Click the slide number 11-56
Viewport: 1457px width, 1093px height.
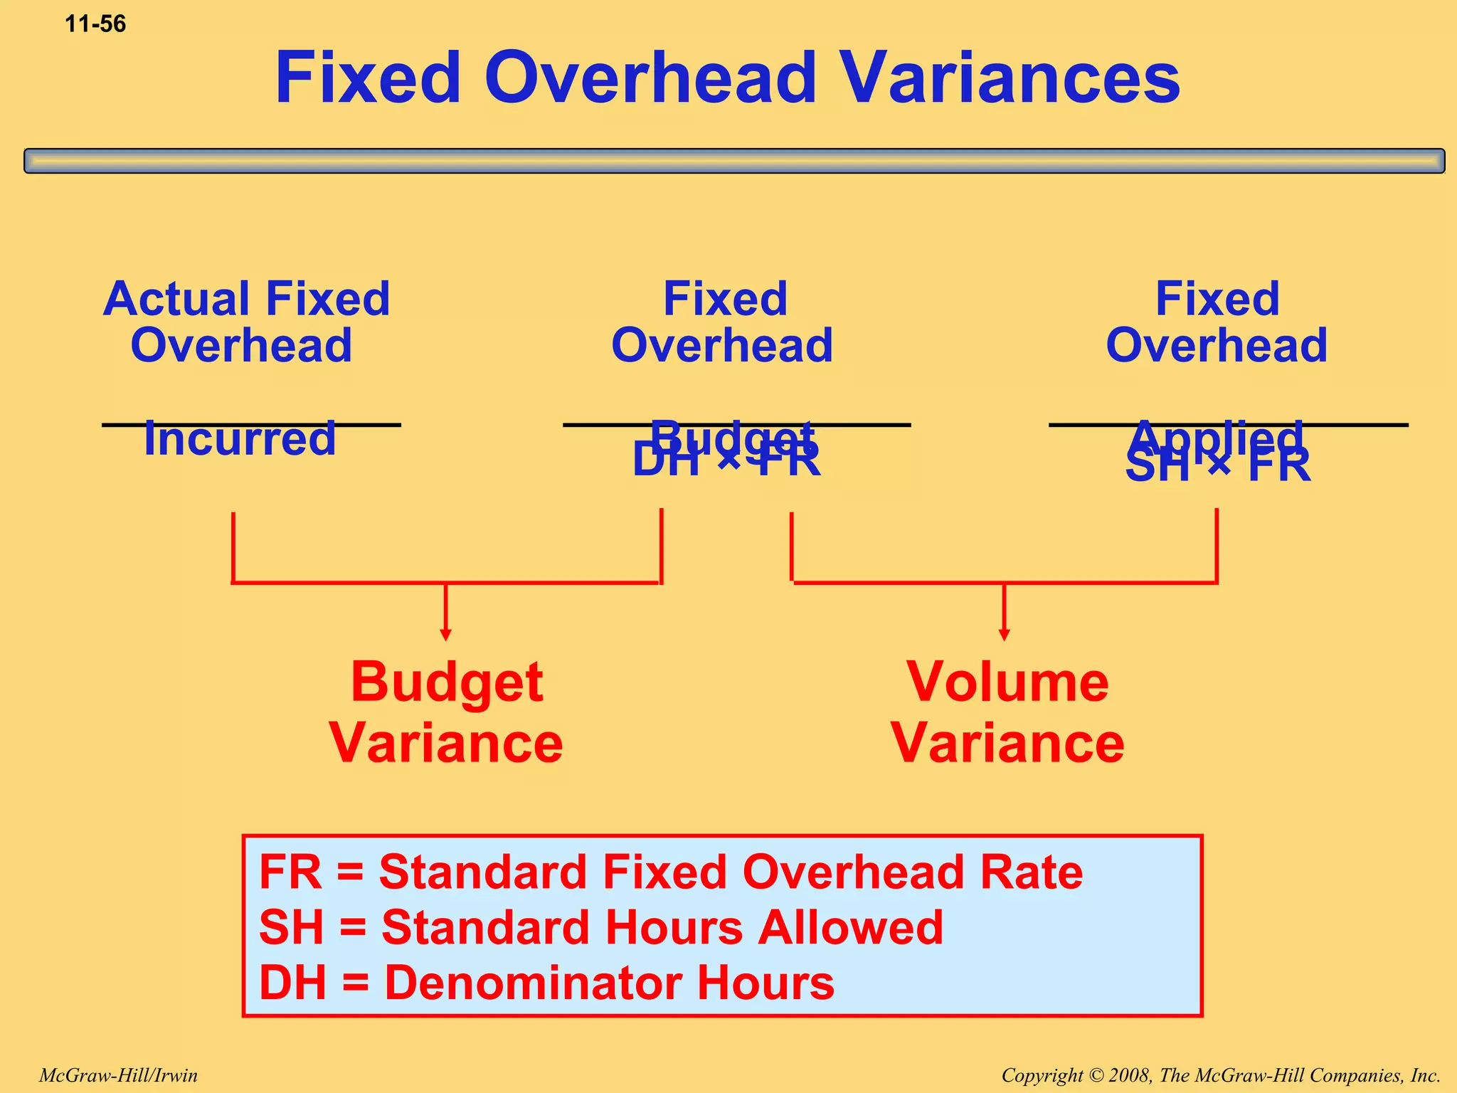(x=95, y=24)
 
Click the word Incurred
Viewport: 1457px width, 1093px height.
(x=240, y=439)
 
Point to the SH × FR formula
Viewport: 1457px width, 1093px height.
(x=1217, y=468)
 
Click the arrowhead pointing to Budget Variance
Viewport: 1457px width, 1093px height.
(x=445, y=635)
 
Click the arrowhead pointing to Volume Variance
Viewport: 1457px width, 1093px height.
(x=1004, y=635)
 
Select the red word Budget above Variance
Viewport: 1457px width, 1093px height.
(x=447, y=682)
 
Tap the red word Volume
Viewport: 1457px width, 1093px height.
(x=1007, y=682)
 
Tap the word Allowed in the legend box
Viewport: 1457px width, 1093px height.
(x=850, y=927)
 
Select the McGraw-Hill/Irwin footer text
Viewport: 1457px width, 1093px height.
(x=118, y=1075)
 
